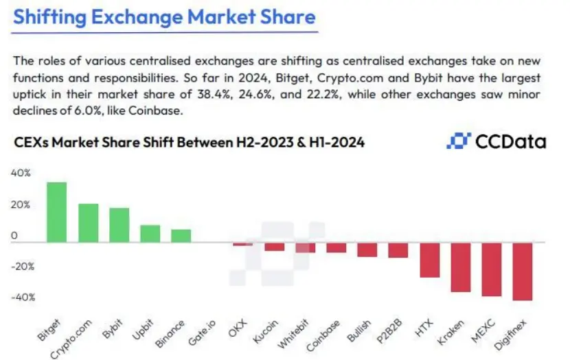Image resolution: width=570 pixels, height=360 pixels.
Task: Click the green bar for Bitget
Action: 56,212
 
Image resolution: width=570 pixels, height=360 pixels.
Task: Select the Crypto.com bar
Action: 88,223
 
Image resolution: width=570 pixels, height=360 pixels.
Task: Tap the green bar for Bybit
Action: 119,225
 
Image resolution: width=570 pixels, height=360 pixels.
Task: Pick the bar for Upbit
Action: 150,233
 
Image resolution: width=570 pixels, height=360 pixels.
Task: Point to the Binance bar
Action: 181,235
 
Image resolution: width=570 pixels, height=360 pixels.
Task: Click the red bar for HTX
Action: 430,260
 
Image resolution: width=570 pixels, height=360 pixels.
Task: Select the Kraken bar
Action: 461,267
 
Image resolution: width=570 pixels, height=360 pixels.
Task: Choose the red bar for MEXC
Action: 492,269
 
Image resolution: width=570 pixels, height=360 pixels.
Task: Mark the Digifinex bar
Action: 523,271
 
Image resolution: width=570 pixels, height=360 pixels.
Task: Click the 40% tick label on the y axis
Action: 21,174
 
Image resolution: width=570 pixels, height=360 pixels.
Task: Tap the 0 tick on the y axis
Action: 14,236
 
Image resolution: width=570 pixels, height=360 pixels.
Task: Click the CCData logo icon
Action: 457,142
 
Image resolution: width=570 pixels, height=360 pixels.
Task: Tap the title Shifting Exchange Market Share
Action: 164,17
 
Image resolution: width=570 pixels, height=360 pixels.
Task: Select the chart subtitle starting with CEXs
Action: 189,143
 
